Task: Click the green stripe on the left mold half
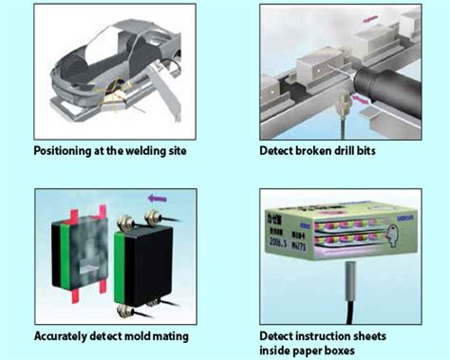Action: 60,261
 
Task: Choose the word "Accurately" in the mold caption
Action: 66,335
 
